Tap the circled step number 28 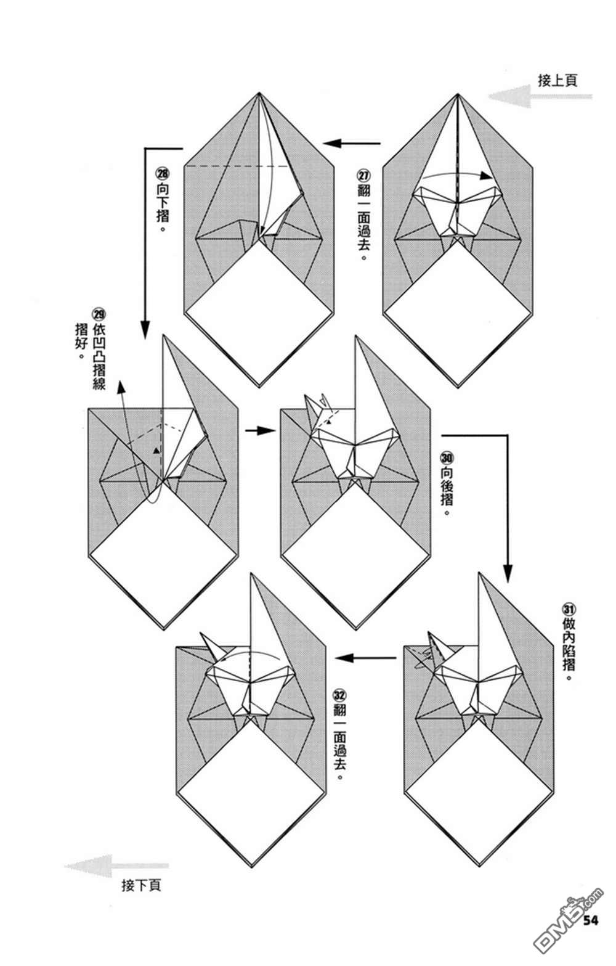pyautogui.click(x=163, y=175)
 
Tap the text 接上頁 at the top pyautogui.click(x=557, y=81)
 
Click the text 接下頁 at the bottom pyautogui.click(x=142, y=886)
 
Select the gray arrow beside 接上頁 pyautogui.click(x=539, y=97)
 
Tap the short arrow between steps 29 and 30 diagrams pyautogui.click(x=259, y=430)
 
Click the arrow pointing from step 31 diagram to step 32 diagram pyautogui.click(x=365, y=658)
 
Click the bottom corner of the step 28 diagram pyautogui.click(x=259, y=386)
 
